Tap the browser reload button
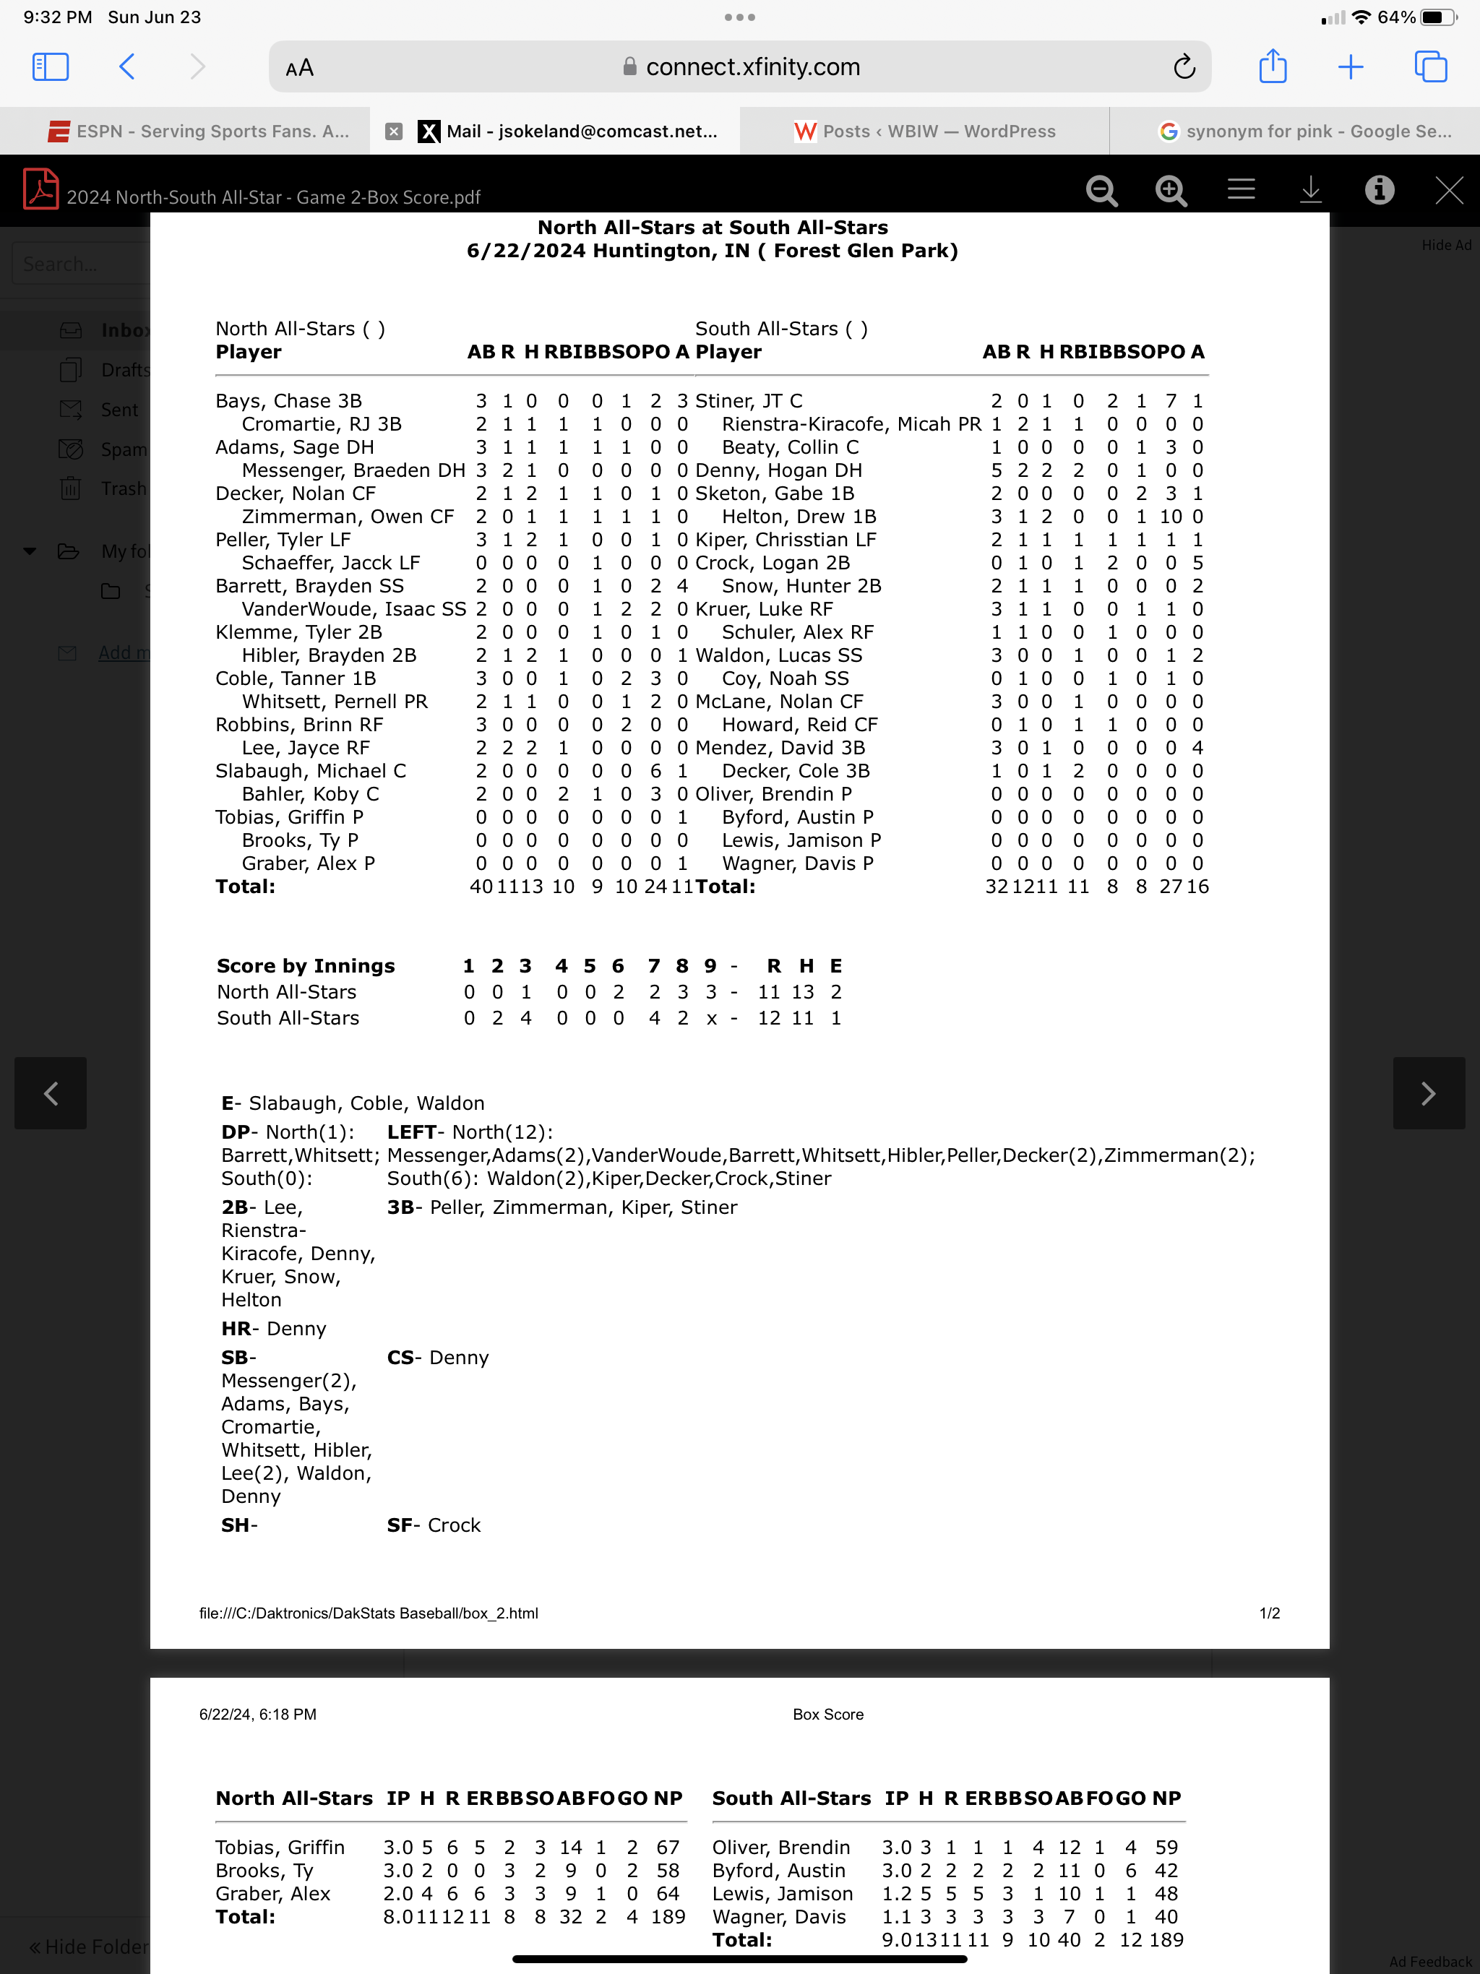click(1184, 67)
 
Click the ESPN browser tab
click(198, 132)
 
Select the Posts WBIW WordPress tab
click(925, 132)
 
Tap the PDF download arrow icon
click(1309, 190)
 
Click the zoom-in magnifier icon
click(1170, 190)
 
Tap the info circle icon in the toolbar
click(1379, 190)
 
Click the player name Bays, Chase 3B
click(288, 401)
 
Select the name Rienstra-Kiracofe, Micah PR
click(851, 424)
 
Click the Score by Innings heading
click(305, 965)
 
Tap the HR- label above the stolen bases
click(239, 1329)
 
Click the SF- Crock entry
click(434, 1525)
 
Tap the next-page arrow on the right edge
click(1428, 1093)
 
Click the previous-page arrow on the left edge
click(51, 1093)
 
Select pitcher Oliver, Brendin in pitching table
click(780, 1848)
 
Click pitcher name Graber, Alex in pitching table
click(272, 1894)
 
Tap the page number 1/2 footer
click(1269, 1613)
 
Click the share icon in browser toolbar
click(1272, 67)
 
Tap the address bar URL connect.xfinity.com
click(752, 67)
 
